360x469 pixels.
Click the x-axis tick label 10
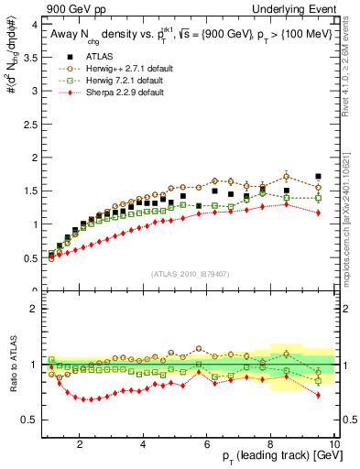tap(333, 444)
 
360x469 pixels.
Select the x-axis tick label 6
tap(207, 444)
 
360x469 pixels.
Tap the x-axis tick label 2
tap(81, 444)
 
